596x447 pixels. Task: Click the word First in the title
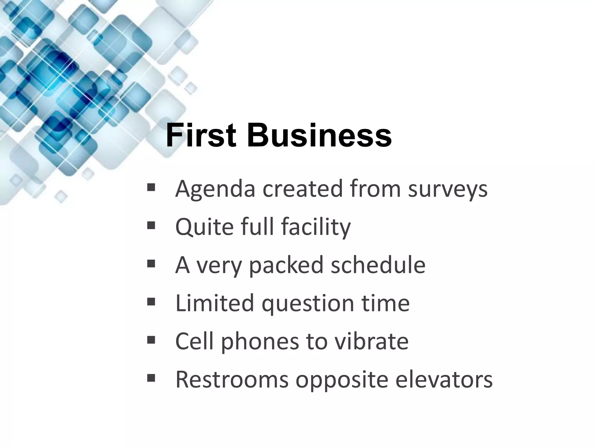coord(201,136)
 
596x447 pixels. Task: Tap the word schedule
coord(378,265)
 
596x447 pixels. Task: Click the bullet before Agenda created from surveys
coord(151,187)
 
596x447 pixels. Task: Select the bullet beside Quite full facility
coord(151,225)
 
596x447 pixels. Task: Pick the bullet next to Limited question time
coord(151,301)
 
